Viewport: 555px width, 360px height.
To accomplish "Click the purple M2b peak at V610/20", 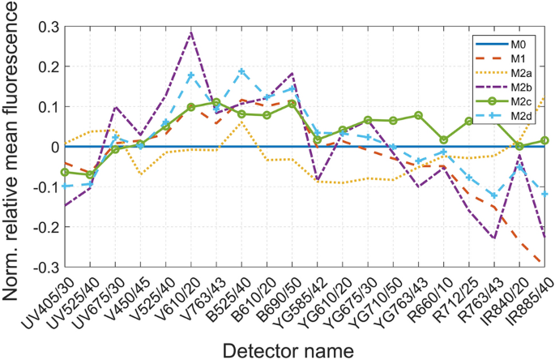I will pos(191,33).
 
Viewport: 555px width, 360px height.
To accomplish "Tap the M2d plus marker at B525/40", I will pos(241,71).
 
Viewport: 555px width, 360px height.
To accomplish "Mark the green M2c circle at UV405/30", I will pos(65,172).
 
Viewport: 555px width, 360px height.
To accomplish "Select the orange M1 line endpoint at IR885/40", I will pos(544,262).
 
